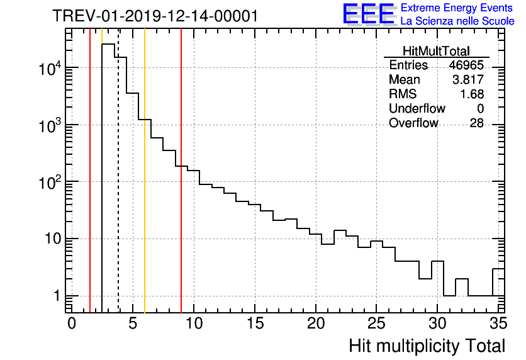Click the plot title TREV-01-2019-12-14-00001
point(155,16)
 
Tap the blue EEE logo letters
point(369,14)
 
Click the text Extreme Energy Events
point(457,8)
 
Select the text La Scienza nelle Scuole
point(457,21)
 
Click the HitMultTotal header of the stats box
point(436,51)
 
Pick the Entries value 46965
point(466,65)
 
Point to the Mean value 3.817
point(469,80)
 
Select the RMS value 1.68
point(473,94)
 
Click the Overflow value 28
point(476,123)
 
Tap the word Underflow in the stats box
point(417,108)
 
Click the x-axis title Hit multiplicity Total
point(427,345)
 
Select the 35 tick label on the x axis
point(498,323)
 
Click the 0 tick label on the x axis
point(72,323)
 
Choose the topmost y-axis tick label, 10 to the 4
point(49,66)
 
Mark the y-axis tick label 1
point(56,296)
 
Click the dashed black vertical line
point(118,189)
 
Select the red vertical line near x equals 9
point(181,189)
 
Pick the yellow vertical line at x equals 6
point(145,189)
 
